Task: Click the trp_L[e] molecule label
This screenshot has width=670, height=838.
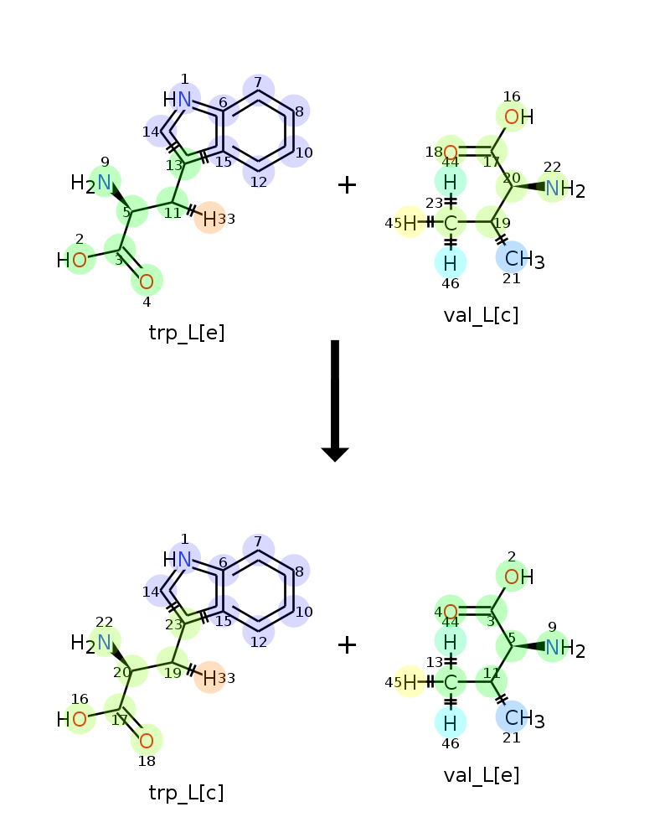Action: tap(187, 333)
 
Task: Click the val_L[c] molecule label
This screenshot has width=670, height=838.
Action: tap(481, 315)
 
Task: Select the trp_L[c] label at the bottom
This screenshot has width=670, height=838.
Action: tap(187, 793)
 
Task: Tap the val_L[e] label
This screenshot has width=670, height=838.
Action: tap(482, 775)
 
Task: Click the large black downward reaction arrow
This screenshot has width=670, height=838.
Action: tap(335, 401)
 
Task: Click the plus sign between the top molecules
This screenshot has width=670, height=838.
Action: tap(347, 185)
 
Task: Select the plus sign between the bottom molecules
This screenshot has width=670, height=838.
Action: tap(347, 644)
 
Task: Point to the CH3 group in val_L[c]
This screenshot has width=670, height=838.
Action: tap(524, 260)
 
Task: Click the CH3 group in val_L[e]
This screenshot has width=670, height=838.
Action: tap(524, 719)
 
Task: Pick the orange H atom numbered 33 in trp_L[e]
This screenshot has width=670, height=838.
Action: tap(209, 219)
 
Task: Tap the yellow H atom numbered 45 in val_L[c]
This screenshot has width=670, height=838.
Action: tap(410, 222)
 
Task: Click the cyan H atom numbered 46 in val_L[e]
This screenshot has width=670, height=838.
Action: tap(450, 723)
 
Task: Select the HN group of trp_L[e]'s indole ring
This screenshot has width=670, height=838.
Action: tap(177, 100)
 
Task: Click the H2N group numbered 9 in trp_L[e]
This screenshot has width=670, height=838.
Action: tap(90, 184)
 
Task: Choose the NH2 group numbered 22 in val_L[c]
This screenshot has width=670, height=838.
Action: tap(564, 189)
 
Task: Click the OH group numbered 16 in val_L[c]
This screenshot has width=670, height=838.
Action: tap(518, 116)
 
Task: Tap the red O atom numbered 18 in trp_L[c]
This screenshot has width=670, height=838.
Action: tap(147, 741)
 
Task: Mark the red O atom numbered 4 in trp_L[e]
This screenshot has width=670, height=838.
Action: tap(147, 281)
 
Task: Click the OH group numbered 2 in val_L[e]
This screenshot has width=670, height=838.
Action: tap(518, 577)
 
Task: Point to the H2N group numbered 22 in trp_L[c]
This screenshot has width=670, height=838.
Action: tap(90, 643)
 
